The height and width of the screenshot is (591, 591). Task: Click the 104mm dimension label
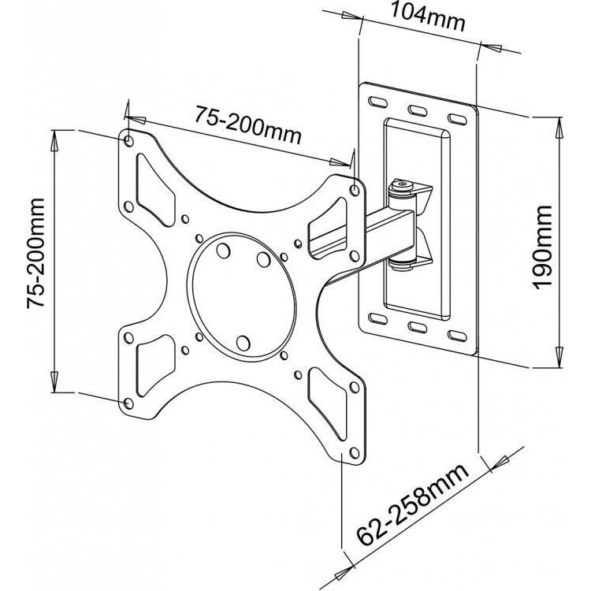pos(427,17)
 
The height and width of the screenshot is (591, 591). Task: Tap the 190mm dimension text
pos(543,247)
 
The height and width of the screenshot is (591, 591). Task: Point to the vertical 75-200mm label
pos(35,253)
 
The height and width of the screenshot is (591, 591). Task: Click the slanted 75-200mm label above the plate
pos(247,125)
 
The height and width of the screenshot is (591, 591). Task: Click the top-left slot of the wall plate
pos(378,102)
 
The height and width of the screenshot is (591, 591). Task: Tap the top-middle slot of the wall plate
pos(418,110)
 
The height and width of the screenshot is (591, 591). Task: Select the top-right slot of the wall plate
pos(457,120)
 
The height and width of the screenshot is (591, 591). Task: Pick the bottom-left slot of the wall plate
pos(378,318)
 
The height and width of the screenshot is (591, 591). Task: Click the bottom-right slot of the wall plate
pos(458,336)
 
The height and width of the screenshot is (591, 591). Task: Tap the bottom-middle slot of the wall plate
pos(418,327)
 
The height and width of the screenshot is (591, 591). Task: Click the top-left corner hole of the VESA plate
pos(128,141)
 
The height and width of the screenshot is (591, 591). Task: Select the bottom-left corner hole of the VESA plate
pos(128,403)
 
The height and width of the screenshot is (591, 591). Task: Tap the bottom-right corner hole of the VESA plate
pos(355,452)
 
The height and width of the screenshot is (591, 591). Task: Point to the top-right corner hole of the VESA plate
pos(355,191)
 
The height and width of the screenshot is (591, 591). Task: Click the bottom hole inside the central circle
pos(243,343)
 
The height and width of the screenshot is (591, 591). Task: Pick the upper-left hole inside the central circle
pos(223,251)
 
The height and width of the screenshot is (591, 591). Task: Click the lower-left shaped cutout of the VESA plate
pos(154,365)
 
